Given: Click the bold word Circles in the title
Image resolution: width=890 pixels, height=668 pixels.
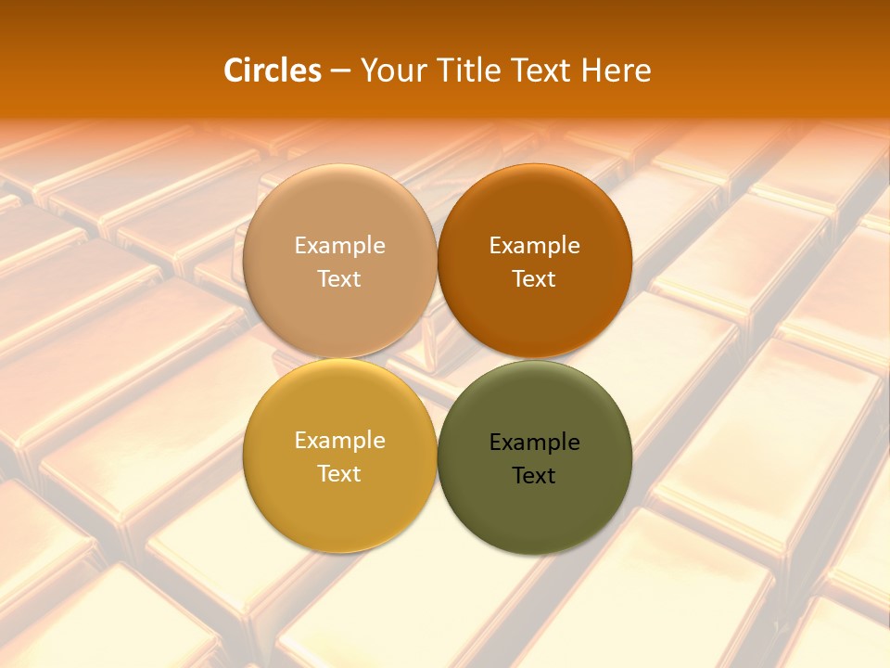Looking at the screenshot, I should point(272,71).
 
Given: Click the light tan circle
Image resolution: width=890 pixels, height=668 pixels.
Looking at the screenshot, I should point(339,213).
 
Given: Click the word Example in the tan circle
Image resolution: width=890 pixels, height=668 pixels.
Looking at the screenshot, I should point(339,246).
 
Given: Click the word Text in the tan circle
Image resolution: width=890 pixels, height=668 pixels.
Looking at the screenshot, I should point(339,279).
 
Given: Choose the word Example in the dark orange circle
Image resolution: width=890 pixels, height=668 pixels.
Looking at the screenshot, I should point(535,246).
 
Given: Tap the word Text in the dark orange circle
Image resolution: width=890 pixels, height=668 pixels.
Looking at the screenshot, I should point(535,279).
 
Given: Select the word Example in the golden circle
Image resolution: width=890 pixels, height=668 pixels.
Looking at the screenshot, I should point(339,441).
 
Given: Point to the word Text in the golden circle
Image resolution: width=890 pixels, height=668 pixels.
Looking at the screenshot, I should point(339,474).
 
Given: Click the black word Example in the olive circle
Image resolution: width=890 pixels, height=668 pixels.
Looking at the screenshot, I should point(535,443).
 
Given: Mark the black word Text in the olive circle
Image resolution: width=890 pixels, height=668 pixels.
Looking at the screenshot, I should point(535,476).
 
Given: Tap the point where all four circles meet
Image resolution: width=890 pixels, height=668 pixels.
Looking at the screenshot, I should point(437,358).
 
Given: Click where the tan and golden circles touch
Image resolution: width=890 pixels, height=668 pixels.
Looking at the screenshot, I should point(339,358).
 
